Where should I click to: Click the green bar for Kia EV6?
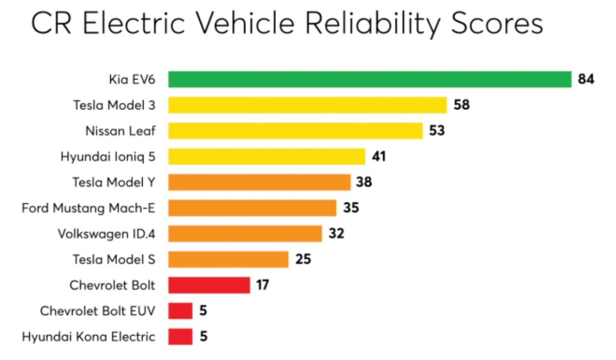[370, 80]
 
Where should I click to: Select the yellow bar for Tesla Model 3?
[307, 105]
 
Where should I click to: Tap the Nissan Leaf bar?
[295, 131]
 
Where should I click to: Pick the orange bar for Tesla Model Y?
[259, 182]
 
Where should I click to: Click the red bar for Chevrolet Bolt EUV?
[180, 311]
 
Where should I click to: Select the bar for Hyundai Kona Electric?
[180, 336]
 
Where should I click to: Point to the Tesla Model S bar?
[228, 259]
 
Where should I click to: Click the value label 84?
[586, 80]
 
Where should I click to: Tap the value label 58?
[461, 105]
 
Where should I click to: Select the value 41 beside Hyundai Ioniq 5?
[379, 157]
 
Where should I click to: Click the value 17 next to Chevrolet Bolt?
[262, 285]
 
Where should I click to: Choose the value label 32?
[336, 234]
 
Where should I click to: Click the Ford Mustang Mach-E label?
[88, 208]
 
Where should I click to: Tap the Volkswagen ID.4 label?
[107, 234]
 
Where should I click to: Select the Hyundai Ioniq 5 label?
[108, 157]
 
